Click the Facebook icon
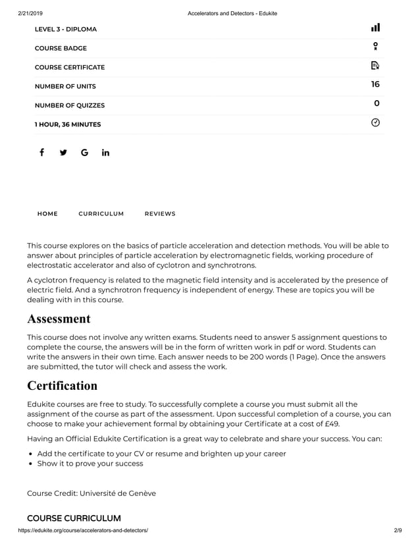[x=41, y=153]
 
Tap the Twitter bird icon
[x=63, y=153]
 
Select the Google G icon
[x=84, y=153]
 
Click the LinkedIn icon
[x=105, y=153]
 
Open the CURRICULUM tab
[x=101, y=214]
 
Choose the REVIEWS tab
[x=160, y=214]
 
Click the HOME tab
[x=47, y=214]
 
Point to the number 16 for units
[x=375, y=84]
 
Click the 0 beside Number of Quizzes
[x=377, y=103]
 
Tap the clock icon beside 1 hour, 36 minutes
[x=375, y=122]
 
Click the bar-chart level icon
[x=375, y=28]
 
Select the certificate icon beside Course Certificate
[x=375, y=65]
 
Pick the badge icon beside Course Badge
[x=375, y=46]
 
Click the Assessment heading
[x=59, y=319]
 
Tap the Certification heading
[x=62, y=385]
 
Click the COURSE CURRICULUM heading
[x=74, y=518]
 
